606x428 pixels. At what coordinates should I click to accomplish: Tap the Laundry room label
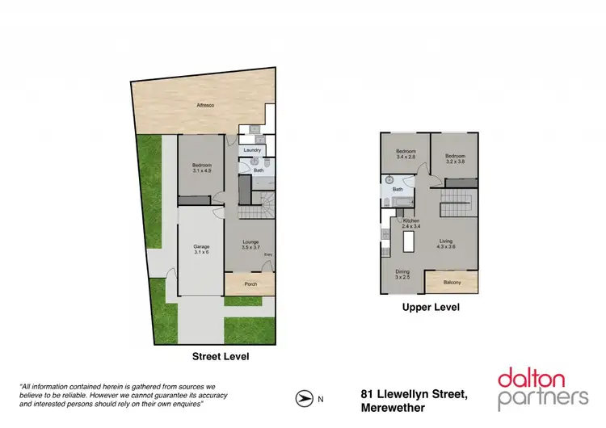tap(250, 150)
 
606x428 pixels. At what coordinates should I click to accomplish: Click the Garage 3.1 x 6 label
tap(201, 250)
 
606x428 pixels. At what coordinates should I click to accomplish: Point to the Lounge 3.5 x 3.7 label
tap(250, 245)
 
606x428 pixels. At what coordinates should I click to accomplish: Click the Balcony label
tap(452, 282)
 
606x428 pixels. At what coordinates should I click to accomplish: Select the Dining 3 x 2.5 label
tap(402, 274)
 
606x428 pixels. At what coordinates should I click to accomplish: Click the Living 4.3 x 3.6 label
tap(446, 243)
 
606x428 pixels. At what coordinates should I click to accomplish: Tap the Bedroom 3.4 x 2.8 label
tap(406, 155)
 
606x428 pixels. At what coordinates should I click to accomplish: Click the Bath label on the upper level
tap(398, 190)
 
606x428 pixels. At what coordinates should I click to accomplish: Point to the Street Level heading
tap(220, 356)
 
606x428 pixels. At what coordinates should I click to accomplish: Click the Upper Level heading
tap(430, 308)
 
